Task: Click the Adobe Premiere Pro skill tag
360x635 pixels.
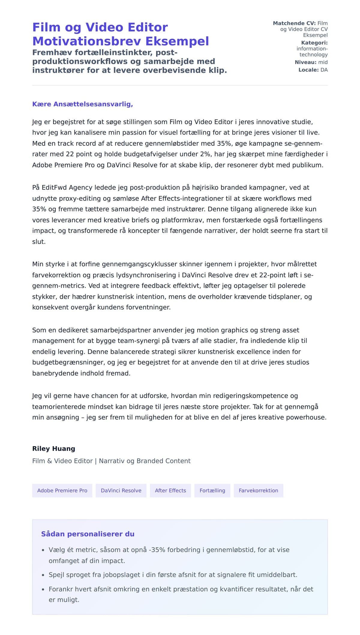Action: (x=62, y=490)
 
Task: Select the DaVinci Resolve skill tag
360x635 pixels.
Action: (x=121, y=490)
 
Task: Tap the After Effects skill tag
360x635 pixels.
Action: (x=170, y=490)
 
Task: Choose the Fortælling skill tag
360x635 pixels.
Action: (x=212, y=490)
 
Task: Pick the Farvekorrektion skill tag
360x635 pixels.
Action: (x=258, y=490)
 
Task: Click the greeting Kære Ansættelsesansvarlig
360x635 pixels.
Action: (x=82, y=104)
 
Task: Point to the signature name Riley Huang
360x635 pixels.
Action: (x=54, y=449)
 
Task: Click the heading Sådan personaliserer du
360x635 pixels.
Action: (x=88, y=534)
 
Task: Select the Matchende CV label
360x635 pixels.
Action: (x=294, y=23)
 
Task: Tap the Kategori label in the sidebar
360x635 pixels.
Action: (x=314, y=43)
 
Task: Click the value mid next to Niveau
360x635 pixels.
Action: (x=323, y=62)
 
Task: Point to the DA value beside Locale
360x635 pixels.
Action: (x=324, y=70)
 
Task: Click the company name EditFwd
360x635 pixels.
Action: (x=54, y=188)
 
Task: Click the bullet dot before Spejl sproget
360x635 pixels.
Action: (x=43, y=575)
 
